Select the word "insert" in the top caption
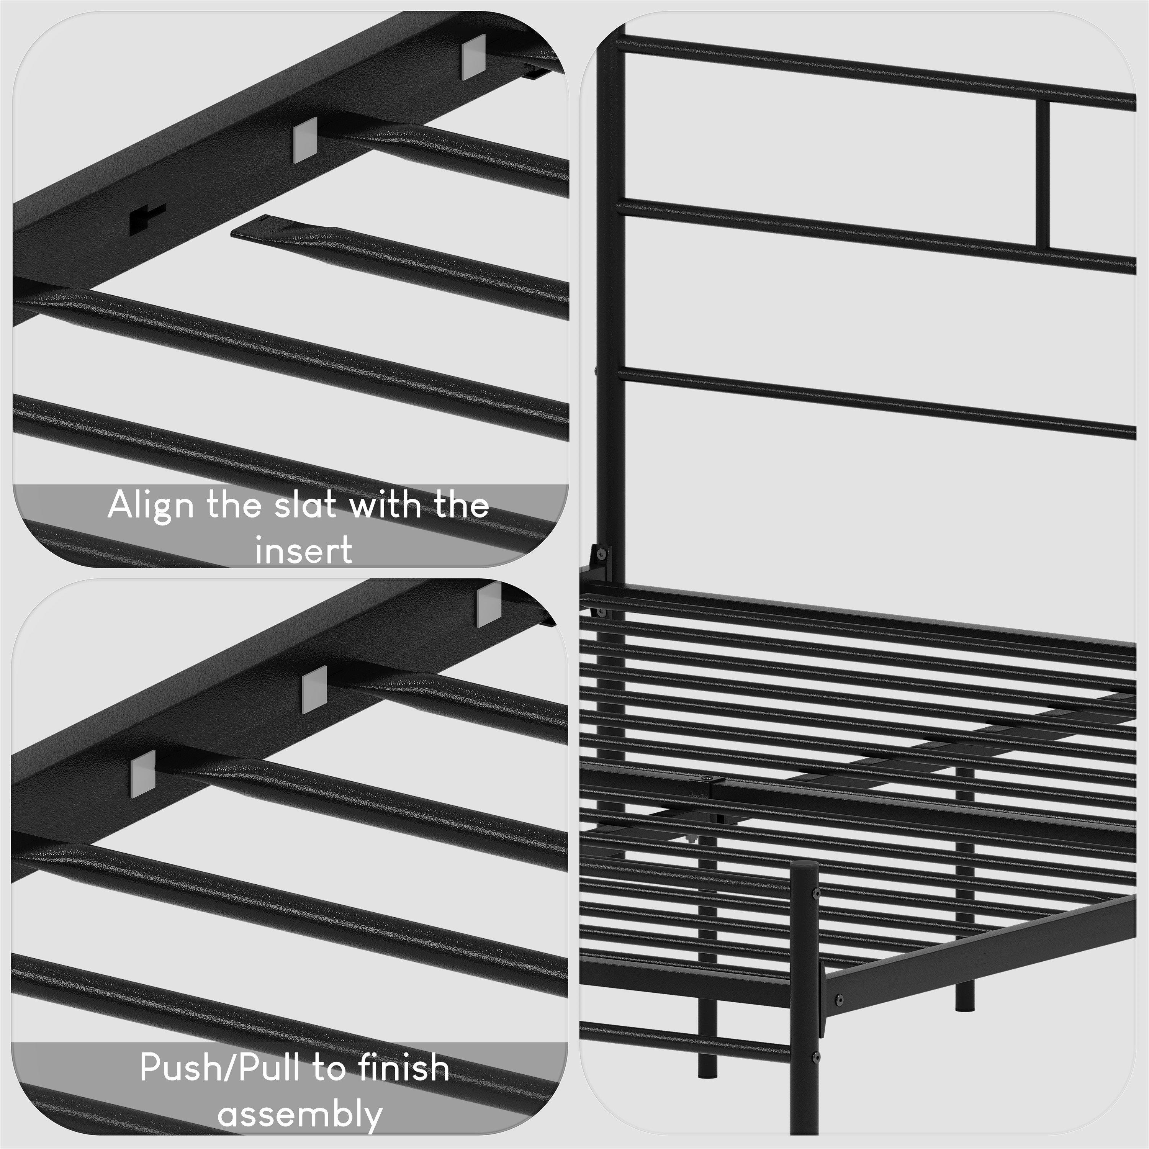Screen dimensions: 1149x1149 (x=304, y=550)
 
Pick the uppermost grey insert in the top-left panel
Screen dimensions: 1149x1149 (x=473, y=57)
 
